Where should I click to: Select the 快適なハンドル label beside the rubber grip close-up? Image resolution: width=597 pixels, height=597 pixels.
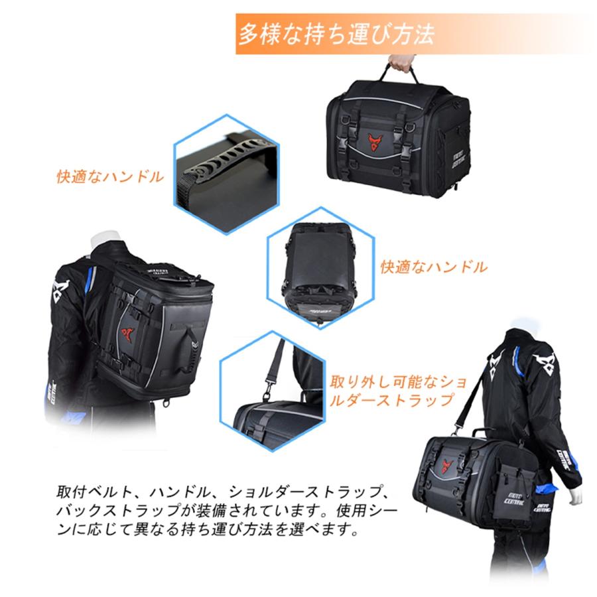tap(110, 177)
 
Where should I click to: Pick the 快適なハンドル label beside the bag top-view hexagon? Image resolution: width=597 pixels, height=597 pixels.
tap(434, 267)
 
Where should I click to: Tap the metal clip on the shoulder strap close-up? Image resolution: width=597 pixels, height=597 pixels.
tap(270, 379)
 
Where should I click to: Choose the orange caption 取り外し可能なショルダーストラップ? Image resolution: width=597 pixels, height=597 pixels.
tap(393, 391)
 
